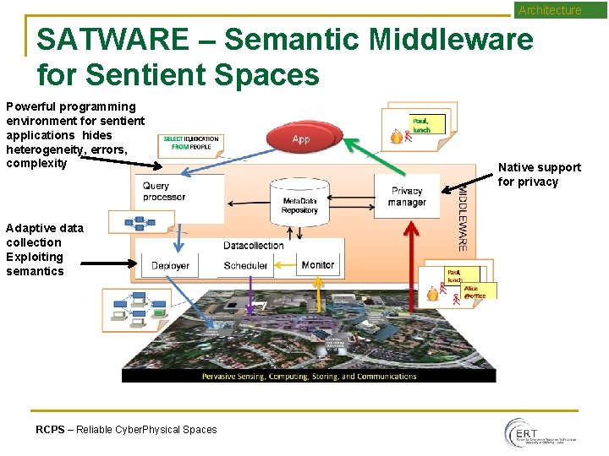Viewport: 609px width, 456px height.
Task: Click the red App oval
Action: [301, 138]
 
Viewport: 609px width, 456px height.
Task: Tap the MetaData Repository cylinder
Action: [300, 201]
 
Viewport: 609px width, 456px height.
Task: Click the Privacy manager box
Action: [407, 197]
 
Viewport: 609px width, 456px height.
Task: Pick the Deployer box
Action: [170, 266]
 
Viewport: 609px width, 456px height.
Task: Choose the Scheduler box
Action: [245, 266]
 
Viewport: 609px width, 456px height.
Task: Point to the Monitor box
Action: [318, 265]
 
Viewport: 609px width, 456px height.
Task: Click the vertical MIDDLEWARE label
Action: [463, 218]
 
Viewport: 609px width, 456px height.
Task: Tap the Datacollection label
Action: [254, 246]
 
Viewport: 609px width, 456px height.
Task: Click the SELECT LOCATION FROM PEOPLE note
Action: [191, 143]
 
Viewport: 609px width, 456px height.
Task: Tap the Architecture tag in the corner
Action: [550, 10]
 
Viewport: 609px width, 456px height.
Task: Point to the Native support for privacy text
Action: [539, 175]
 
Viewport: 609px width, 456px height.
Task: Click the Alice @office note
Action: [474, 292]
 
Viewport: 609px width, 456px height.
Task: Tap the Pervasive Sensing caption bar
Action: [309, 377]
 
